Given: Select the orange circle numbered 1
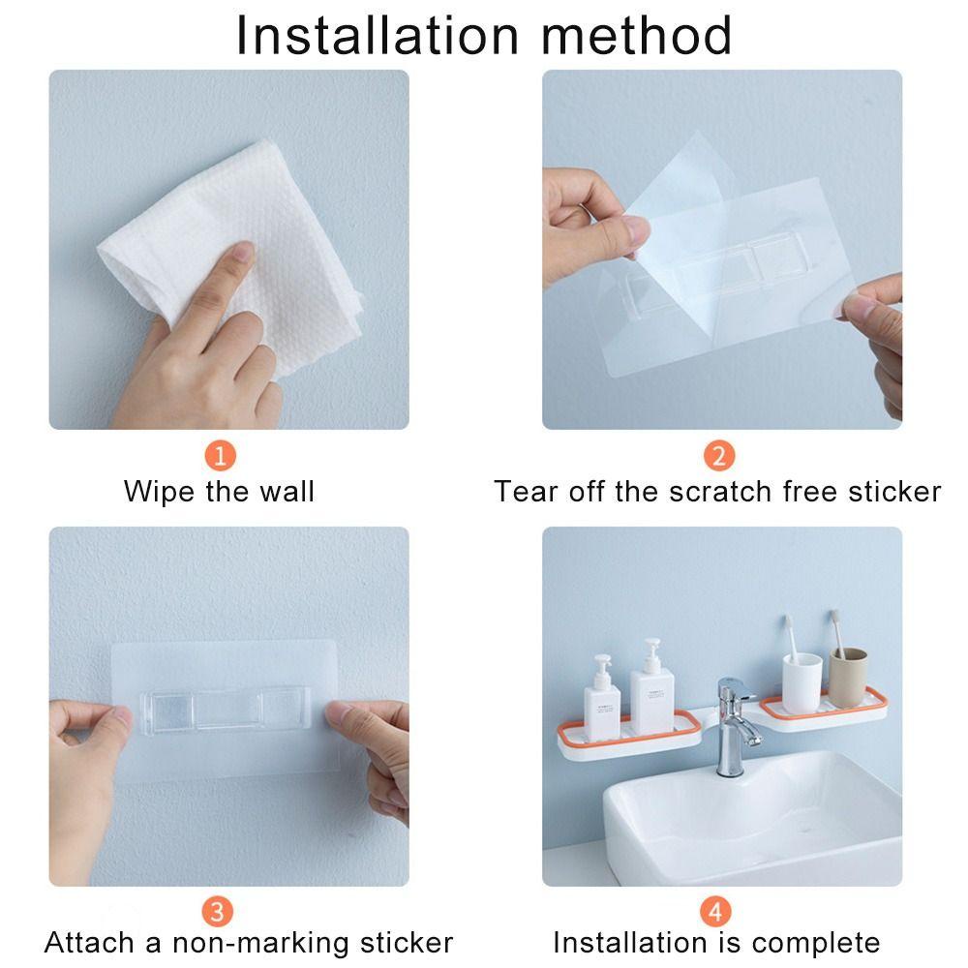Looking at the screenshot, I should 221,455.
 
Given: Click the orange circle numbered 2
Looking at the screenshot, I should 717,455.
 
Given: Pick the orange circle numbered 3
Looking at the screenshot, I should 217,911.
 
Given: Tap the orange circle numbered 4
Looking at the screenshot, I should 716,911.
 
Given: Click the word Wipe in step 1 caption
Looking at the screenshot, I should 161,491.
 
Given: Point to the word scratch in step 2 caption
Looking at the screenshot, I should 714,491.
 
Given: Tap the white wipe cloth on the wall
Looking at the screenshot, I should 242,242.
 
